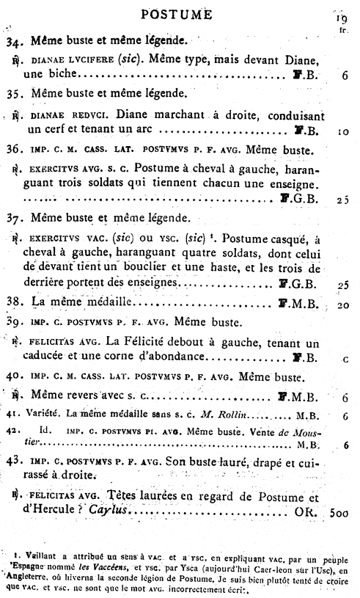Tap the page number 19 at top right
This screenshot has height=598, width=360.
pos(341,18)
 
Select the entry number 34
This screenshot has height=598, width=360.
pos(16,42)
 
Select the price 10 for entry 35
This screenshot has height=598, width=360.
pos(342,133)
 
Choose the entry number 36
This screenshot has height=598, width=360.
pos(16,151)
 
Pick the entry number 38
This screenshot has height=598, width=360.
pos(16,302)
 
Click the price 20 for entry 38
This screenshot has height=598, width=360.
pos(342,305)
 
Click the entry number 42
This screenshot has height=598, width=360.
pos(15,431)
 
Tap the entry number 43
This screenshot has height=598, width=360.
pos(16,462)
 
